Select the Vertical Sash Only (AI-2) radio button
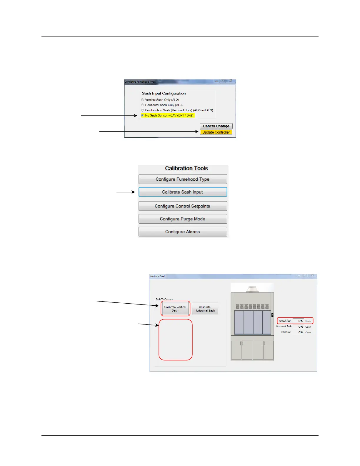click(143, 100)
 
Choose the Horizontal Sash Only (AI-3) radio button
click(143, 105)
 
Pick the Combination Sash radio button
click(143, 110)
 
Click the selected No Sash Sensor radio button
click(143, 116)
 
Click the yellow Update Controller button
click(216, 132)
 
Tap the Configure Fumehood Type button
click(183, 179)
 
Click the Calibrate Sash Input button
click(183, 192)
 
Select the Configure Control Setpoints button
click(183, 206)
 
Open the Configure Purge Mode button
click(183, 219)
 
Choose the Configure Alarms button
click(183, 232)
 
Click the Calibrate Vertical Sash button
click(175, 309)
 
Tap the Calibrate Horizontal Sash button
click(205, 309)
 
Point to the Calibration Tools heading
click(186, 169)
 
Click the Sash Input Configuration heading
click(164, 94)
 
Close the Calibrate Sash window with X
click(312, 275)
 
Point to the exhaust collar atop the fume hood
click(252, 289)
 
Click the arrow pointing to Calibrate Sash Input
click(126, 192)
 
